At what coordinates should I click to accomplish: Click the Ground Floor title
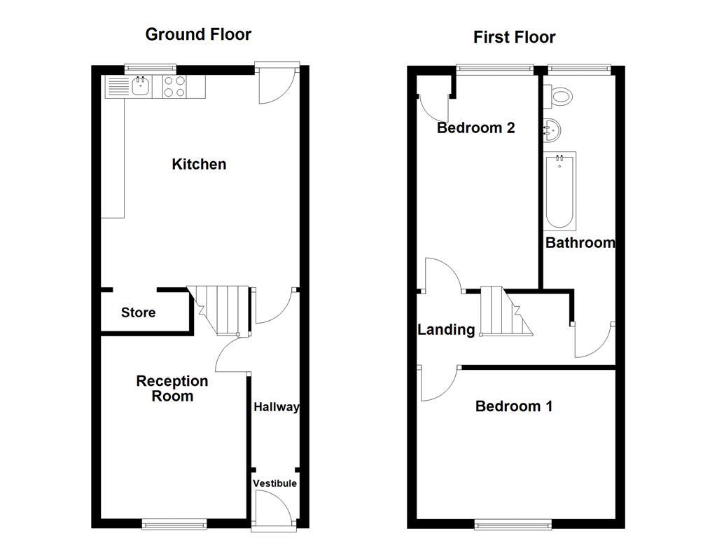pos(198,34)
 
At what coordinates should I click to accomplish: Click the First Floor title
pos(514,37)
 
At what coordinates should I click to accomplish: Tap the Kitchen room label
pos(199,165)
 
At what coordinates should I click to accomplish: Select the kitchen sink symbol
pos(139,87)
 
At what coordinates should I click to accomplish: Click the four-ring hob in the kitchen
pos(174,87)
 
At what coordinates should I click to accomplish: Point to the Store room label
pos(138,312)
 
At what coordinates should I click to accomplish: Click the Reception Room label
pos(172,389)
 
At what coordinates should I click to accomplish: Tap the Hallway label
pos(276,407)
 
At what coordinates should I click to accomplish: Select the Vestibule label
pos(274,483)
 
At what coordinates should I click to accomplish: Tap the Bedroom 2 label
pos(475,127)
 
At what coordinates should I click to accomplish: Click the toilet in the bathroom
pos(562,96)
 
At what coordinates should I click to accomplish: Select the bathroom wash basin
pos(551,129)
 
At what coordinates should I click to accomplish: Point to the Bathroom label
pos(580,243)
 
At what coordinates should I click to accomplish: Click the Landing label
pos(446,329)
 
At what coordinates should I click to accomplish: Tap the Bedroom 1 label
pos(513,406)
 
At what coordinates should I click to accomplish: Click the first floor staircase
pos(504,312)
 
